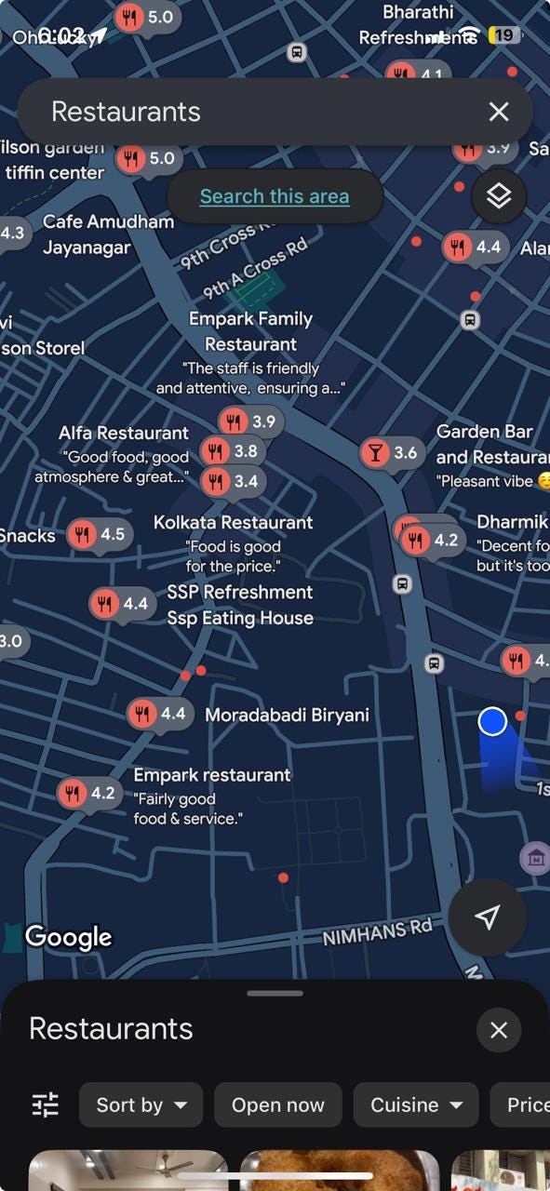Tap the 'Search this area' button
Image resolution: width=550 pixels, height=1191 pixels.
(x=275, y=196)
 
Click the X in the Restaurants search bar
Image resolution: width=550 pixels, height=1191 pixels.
(x=499, y=112)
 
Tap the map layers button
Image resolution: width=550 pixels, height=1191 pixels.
(x=499, y=196)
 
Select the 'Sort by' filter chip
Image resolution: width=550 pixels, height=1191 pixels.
(x=141, y=1104)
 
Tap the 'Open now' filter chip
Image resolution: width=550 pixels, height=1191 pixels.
(x=277, y=1104)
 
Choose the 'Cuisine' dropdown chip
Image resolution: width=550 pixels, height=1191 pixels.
(x=416, y=1104)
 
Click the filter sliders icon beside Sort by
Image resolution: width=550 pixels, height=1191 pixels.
(x=46, y=1104)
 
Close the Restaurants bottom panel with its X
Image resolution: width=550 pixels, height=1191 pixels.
(x=499, y=1030)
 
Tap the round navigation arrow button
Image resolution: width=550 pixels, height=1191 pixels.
(x=487, y=917)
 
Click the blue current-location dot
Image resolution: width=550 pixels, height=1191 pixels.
(x=492, y=721)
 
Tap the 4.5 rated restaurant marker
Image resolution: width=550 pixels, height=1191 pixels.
(x=99, y=535)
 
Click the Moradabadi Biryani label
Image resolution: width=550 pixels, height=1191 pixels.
(x=287, y=715)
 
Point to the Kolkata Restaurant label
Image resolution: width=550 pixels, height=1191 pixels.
(x=233, y=522)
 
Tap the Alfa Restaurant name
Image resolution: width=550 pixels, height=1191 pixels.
(x=123, y=433)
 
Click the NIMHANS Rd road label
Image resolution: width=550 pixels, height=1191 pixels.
(x=377, y=932)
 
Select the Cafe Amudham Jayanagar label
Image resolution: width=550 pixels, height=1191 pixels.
(x=108, y=234)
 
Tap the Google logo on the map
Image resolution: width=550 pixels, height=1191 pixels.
(x=68, y=937)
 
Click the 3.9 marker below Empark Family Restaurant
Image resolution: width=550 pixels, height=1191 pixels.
(x=250, y=422)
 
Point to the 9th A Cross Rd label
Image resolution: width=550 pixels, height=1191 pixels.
(x=255, y=268)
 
